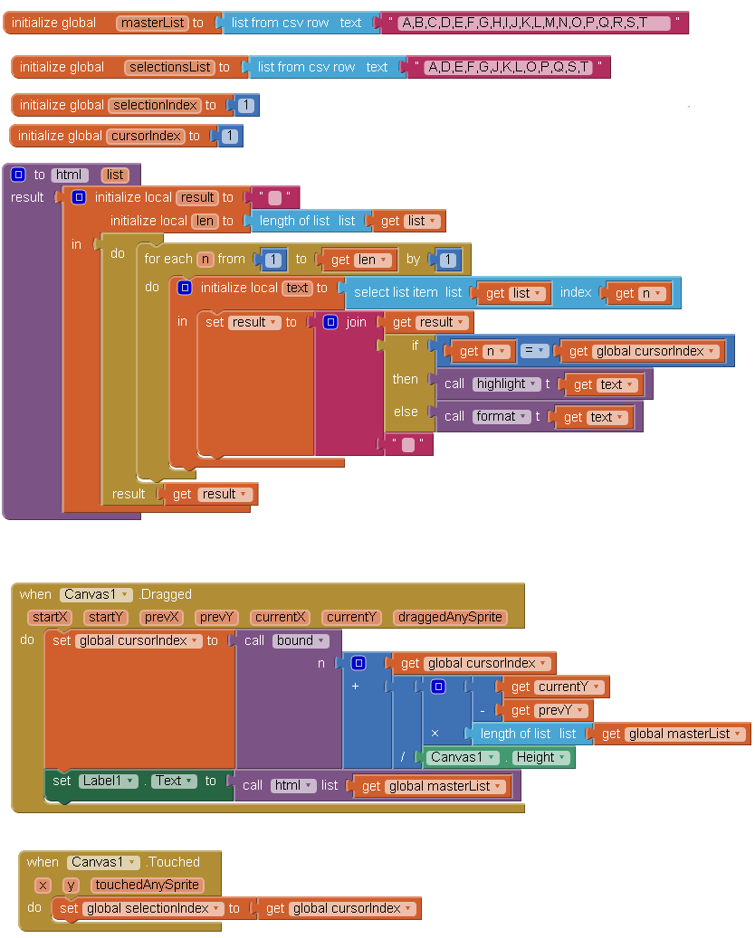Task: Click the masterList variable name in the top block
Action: (x=152, y=23)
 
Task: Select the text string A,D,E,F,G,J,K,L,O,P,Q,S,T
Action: (x=508, y=67)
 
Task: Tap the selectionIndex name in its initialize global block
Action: (x=155, y=105)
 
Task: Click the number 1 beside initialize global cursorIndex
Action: (x=230, y=136)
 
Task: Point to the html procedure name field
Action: (x=70, y=175)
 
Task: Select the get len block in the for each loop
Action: (x=359, y=260)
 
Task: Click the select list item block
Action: (x=407, y=292)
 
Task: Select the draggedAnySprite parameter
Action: (x=449, y=617)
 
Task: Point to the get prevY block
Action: (x=545, y=710)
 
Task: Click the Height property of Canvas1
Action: (x=541, y=757)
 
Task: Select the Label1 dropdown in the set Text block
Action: (x=105, y=781)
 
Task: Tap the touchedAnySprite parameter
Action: (x=147, y=885)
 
